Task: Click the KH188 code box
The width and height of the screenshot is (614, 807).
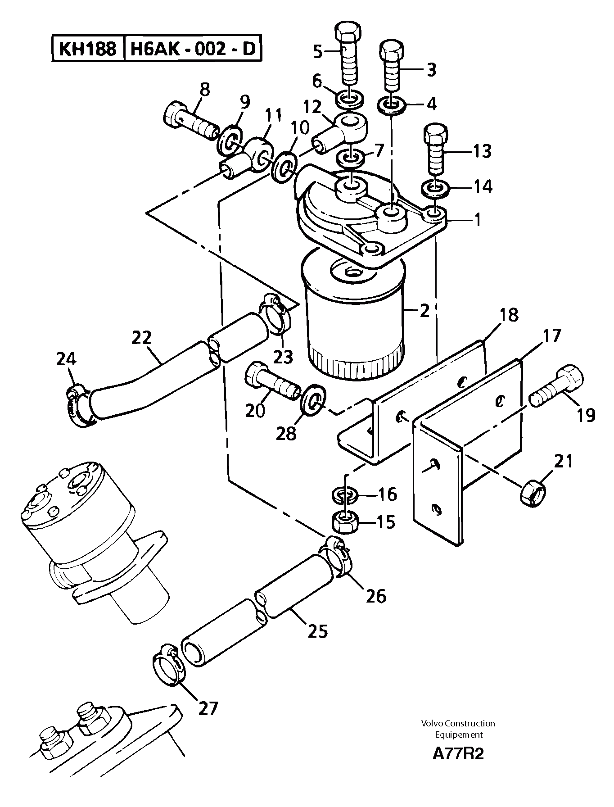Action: pyautogui.click(x=87, y=49)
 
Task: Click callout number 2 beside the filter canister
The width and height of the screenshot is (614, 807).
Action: pyautogui.click(x=424, y=310)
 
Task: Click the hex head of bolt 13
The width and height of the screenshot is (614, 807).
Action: pyautogui.click(x=436, y=133)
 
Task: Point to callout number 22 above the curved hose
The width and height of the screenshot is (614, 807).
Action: pyautogui.click(x=142, y=338)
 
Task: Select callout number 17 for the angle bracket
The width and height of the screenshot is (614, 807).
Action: pyautogui.click(x=551, y=336)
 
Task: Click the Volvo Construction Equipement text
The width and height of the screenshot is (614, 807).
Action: pyautogui.click(x=458, y=729)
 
